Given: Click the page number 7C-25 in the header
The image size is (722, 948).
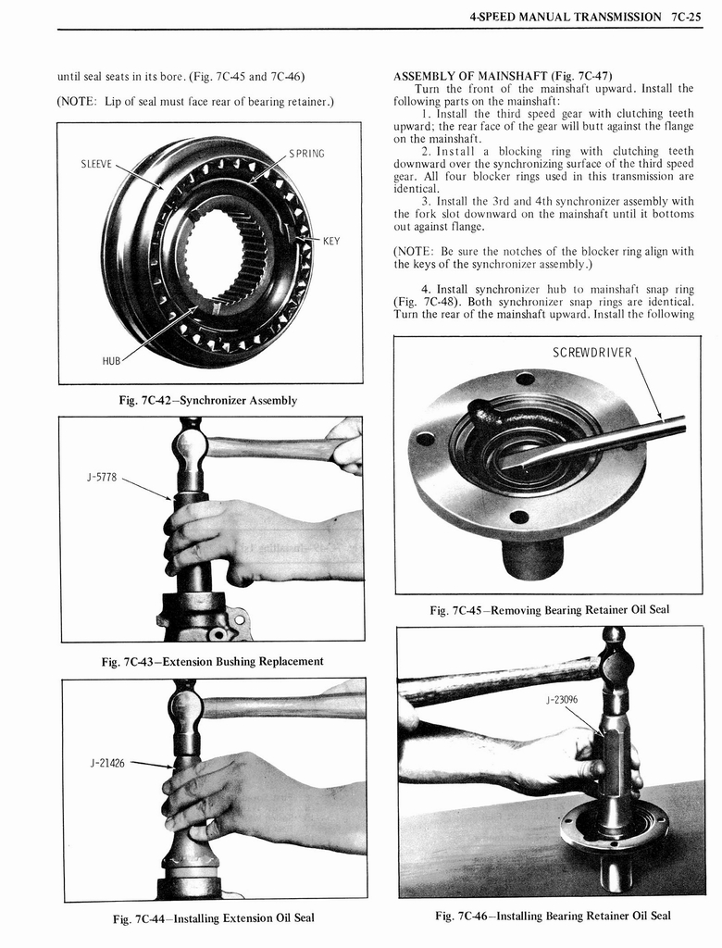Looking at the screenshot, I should coord(686,17).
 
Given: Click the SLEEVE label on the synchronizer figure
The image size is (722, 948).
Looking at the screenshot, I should coord(95,164).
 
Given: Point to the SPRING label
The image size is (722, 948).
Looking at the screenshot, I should coord(306,153).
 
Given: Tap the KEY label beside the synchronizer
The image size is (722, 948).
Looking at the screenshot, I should coord(330,241).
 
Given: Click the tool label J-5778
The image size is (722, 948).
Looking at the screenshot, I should coord(98,479).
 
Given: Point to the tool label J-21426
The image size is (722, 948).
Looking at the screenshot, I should coord(107,764).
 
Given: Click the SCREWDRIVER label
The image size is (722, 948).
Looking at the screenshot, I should coord(591,353).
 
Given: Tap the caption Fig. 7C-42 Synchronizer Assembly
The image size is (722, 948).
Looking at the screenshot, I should coord(209,401).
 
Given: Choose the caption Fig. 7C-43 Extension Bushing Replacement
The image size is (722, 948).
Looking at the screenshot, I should coord(212,661).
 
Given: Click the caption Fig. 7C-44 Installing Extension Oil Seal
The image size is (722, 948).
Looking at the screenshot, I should coord(213,917).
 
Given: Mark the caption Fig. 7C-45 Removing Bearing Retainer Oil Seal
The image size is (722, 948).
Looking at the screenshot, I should coord(549,610).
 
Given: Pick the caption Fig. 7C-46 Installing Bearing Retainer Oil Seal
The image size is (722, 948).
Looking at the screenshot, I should coord(553,916).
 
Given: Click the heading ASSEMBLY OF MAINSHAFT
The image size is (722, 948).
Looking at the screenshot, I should coord(503,75).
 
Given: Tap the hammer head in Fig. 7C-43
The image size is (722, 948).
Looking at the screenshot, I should coord(191,448).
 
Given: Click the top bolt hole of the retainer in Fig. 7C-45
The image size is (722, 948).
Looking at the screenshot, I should coord(525,379).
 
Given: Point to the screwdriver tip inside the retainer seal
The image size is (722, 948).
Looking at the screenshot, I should coord(508,462).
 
